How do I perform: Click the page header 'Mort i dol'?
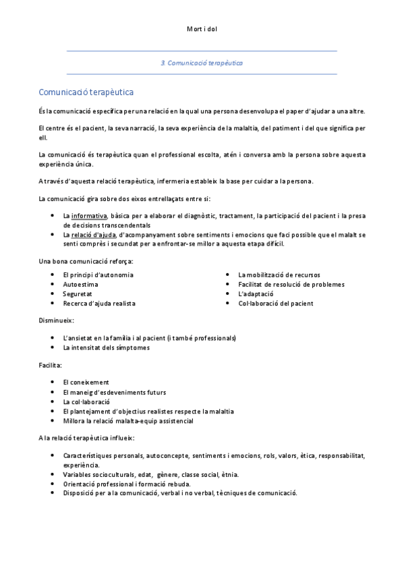pos(202,29)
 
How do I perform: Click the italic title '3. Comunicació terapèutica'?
pos(202,62)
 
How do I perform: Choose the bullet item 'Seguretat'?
pos(78,294)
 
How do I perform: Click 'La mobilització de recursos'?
pos(279,275)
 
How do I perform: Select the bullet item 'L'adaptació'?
pos(256,294)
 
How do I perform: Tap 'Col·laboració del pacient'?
pos(276,304)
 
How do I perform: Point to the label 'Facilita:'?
pos(51,365)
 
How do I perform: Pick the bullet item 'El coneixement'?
pos(86,382)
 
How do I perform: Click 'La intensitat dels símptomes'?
pos(106,347)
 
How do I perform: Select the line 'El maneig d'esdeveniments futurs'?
pos(114,393)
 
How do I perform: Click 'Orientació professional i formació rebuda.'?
pos(127,484)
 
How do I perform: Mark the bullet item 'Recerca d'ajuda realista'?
pos(99,304)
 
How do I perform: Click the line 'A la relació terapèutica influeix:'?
pos(87,438)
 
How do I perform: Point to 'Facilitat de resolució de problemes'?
pos(291,285)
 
